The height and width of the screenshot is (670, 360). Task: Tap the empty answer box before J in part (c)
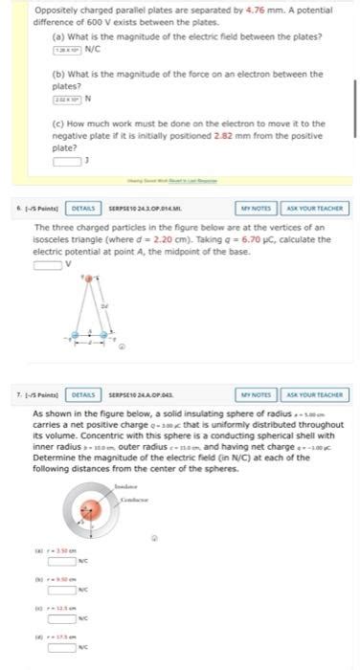click(66, 160)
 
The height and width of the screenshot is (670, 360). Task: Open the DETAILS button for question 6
click(83, 208)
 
